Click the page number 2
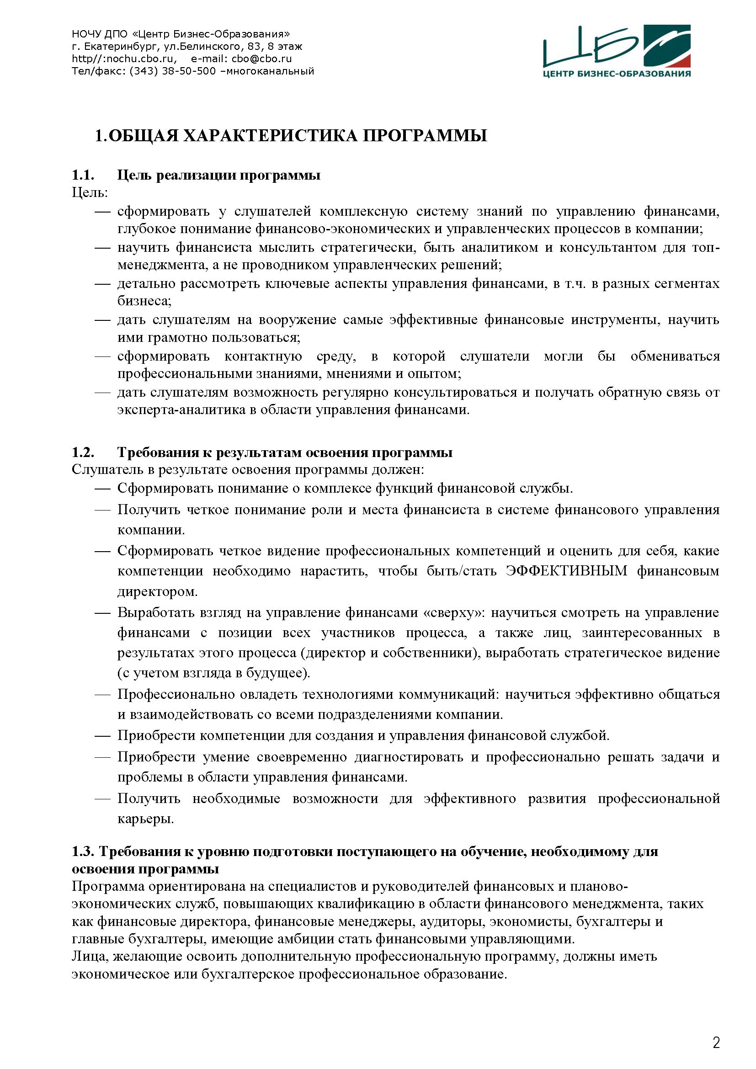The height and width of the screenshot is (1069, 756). click(x=716, y=1042)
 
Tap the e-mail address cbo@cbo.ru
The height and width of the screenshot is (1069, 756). click(x=261, y=59)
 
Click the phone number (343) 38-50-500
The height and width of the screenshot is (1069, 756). click(x=173, y=71)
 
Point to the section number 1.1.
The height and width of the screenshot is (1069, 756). click(x=83, y=175)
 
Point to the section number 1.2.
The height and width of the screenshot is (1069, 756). click(x=83, y=452)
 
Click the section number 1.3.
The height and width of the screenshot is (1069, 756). click(x=83, y=851)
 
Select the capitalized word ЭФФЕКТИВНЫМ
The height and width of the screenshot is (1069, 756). click(x=566, y=571)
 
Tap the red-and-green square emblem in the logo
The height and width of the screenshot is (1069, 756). click(x=666, y=46)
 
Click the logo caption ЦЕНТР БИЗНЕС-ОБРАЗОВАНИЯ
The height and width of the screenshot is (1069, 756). click(x=617, y=74)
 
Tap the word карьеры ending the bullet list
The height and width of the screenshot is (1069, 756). click(x=145, y=819)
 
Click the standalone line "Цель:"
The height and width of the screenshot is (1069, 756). click(x=90, y=192)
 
